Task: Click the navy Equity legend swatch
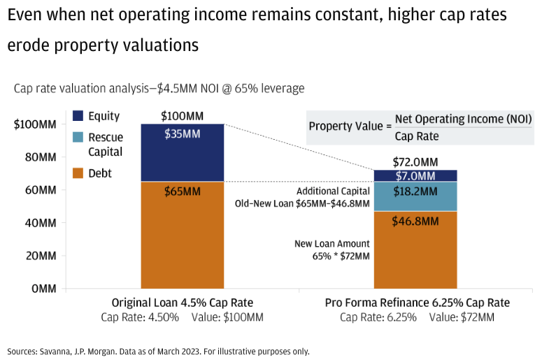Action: point(78,116)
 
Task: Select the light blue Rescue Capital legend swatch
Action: point(78,137)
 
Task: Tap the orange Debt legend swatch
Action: point(78,173)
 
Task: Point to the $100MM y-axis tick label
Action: point(35,124)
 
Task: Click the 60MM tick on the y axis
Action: point(41,190)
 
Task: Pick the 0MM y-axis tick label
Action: point(44,289)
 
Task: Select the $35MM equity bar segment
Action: point(183,152)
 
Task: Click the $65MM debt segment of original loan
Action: point(183,235)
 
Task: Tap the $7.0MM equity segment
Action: point(415,175)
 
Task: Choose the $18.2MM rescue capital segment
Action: point(415,196)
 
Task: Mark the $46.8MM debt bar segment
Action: point(415,250)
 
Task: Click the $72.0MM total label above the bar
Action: point(415,162)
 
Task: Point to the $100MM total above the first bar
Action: point(182,116)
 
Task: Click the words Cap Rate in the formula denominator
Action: point(417,136)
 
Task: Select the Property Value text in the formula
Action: point(346,126)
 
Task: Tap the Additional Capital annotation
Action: point(333,191)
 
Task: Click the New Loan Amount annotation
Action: point(331,243)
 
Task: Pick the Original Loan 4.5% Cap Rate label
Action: point(182,303)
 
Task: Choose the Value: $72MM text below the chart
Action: point(462,317)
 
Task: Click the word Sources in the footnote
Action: point(21,352)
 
